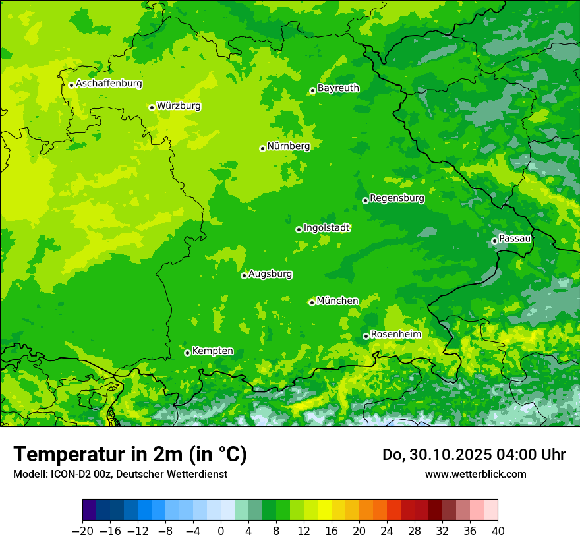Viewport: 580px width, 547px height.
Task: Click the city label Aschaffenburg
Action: [109, 84]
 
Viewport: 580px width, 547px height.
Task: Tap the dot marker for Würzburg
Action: [152, 107]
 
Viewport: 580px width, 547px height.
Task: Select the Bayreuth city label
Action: [338, 88]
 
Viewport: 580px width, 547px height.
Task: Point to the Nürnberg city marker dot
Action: [262, 148]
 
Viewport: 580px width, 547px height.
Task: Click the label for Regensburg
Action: [397, 198]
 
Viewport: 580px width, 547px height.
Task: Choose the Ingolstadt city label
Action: [326, 227]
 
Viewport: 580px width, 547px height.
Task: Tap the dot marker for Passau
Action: [494, 241]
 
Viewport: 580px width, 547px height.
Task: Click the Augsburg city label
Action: [270, 273]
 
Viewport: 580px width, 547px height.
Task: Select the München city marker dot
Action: [312, 302]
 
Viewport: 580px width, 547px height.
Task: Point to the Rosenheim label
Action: [395, 334]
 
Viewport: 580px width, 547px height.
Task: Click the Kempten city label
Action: [212, 351]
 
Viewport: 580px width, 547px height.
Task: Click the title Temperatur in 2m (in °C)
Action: [130, 454]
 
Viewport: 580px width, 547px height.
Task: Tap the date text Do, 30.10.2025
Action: [438, 455]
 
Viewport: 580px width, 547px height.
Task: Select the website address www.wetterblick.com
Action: [475, 474]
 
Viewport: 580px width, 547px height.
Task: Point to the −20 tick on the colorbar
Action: [83, 531]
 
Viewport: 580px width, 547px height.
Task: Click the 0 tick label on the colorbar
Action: [221, 531]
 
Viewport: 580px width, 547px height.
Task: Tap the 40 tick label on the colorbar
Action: [498, 531]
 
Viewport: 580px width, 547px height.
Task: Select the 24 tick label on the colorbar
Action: [387, 531]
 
